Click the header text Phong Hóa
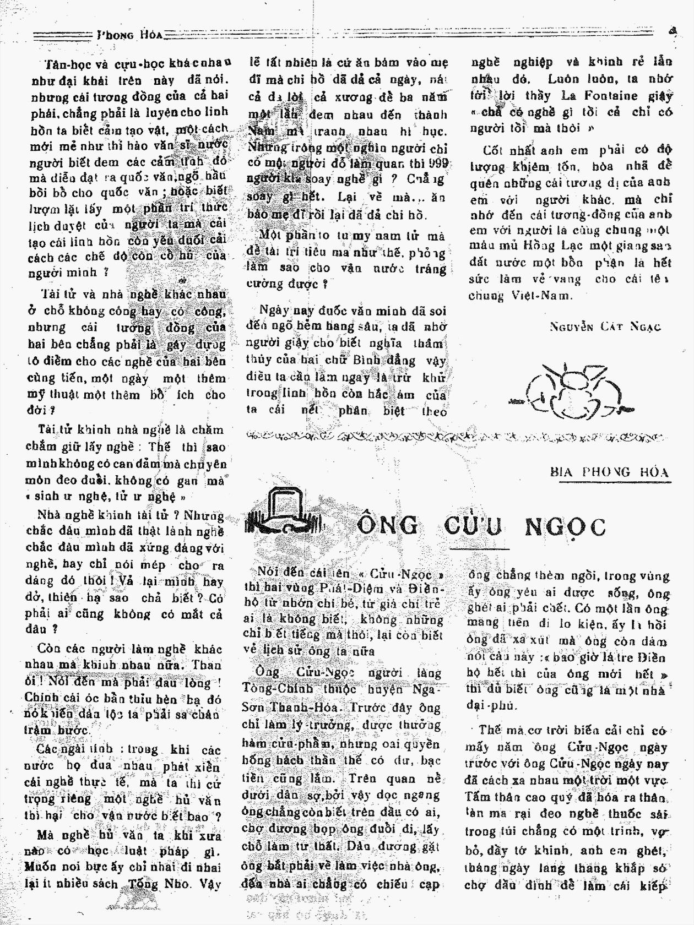130,34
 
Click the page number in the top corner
673,31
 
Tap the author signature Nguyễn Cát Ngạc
605,327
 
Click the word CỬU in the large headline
473,526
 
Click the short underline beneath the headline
479,548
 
